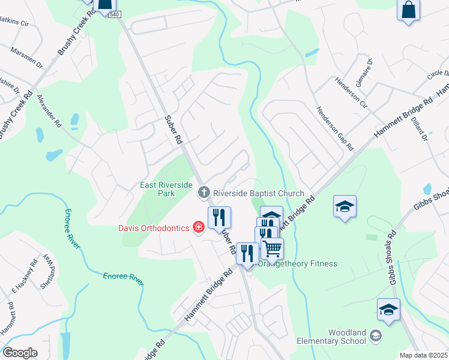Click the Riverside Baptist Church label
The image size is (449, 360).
pyautogui.click(x=259, y=193)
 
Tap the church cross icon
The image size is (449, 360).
pyautogui.click(x=203, y=193)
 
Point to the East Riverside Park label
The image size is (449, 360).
pyautogui.click(x=166, y=190)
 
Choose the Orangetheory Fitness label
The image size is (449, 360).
pyautogui.click(x=298, y=263)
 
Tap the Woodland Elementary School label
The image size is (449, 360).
pyautogui.click(x=331, y=337)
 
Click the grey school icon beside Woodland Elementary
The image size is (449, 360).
pyautogui.click(x=376, y=335)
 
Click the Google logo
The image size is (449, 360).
pyautogui.click(x=20, y=353)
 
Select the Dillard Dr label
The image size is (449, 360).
pyautogui.click(x=419, y=129)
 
